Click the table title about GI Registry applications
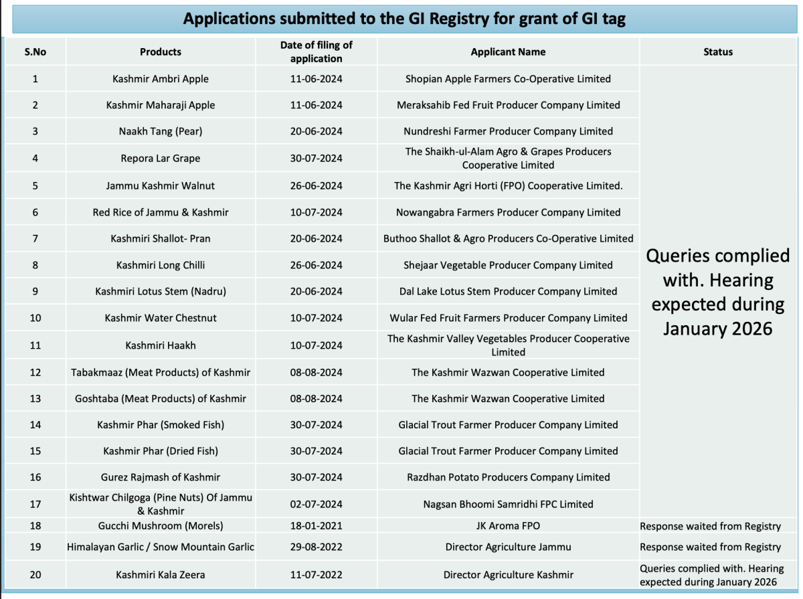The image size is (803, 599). (x=404, y=19)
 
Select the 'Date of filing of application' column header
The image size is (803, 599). (x=316, y=52)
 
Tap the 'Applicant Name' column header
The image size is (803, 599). (x=508, y=52)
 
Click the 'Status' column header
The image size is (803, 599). (x=718, y=52)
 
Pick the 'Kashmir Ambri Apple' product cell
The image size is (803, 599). (x=161, y=79)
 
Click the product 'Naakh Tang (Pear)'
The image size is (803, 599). (x=161, y=131)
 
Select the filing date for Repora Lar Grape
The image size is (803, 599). (x=316, y=159)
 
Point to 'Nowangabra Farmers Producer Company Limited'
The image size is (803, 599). (x=508, y=212)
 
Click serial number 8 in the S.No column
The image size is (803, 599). (x=35, y=265)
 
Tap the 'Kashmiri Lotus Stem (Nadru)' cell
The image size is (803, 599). (x=161, y=291)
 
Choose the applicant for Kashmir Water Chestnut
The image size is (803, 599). (x=508, y=318)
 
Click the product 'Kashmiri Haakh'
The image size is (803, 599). (x=161, y=345)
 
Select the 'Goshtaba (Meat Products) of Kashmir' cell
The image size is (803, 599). (x=161, y=398)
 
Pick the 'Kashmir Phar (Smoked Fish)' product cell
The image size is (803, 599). (x=161, y=424)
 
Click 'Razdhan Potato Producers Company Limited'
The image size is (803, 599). (x=508, y=477)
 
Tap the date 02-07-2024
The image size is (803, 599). (x=316, y=504)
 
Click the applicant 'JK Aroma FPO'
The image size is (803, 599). (x=508, y=526)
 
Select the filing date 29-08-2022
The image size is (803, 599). (x=316, y=547)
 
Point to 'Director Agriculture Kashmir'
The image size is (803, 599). (x=508, y=574)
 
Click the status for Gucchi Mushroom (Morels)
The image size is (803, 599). (x=710, y=526)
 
